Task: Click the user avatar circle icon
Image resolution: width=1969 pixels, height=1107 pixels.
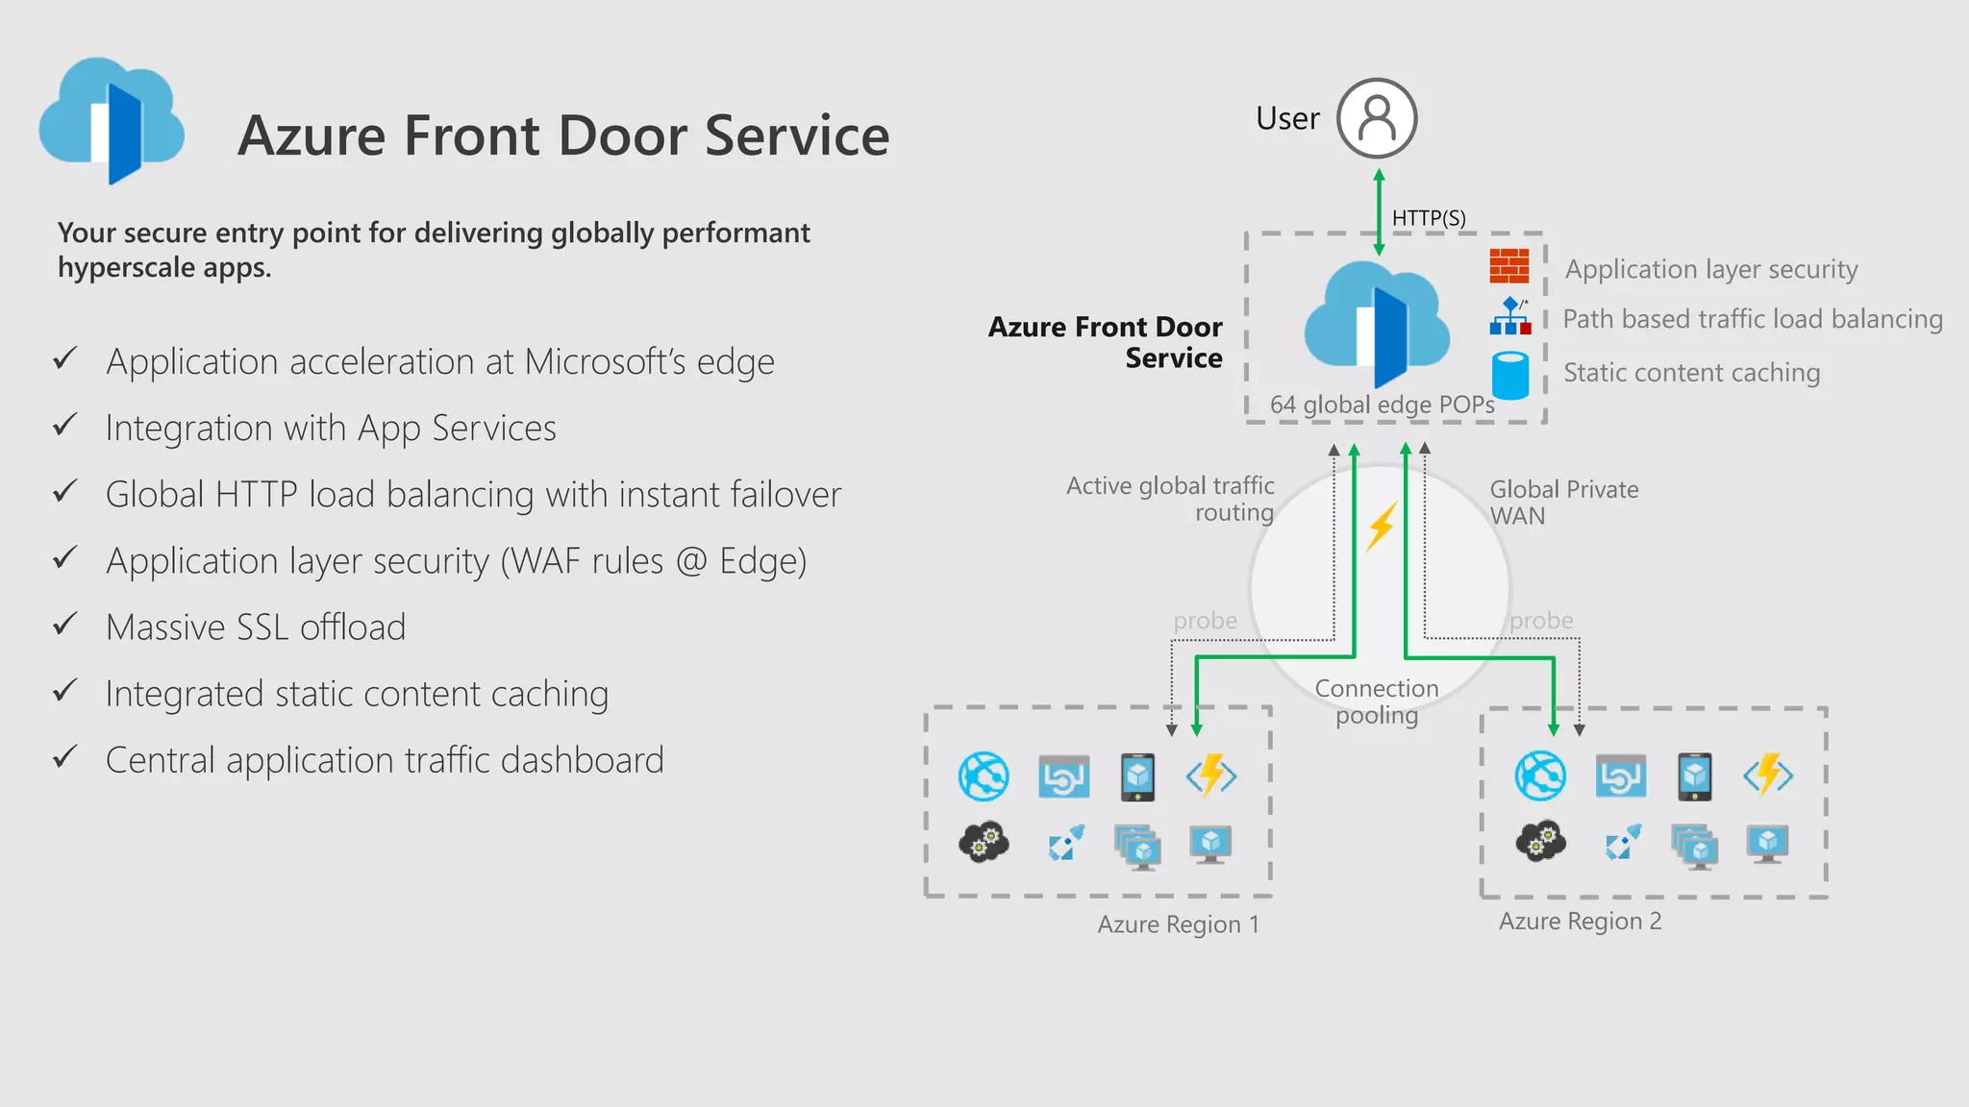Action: pyautogui.click(x=1377, y=118)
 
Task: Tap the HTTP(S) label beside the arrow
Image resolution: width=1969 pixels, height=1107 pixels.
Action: pyautogui.click(x=1429, y=218)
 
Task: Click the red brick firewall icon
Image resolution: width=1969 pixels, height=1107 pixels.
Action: pyautogui.click(x=1508, y=265)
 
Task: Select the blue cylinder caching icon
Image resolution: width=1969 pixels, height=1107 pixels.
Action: pyautogui.click(x=1509, y=375)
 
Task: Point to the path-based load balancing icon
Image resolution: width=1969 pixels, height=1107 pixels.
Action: pyautogui.click(x=1509, y=317)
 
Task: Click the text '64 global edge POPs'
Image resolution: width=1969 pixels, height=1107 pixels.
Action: pyautogui.click(x=1382, y=405)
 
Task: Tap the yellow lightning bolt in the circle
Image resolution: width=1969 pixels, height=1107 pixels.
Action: pyautogui.click(x=1382, y=526)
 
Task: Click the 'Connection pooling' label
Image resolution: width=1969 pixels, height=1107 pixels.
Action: pyautogui.click(x=1376, y=701)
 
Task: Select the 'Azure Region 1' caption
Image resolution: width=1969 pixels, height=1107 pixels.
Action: pyautogui.click(x=1178, y=924)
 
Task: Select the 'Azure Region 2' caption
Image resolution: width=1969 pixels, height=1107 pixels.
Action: pyautogui.click(x=1580, y=922)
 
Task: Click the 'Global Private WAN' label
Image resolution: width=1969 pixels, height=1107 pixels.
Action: pyautogui.click(x=1563, y=502)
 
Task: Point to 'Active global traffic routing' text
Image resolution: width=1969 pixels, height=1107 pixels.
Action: pyautogui.click(x=1171, y=499)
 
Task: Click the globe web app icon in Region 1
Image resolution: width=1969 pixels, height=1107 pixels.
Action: pyautogui.click(x=984, y=776)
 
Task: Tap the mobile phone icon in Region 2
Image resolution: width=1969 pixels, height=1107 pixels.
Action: pyautogui.click(x=1694, y=776)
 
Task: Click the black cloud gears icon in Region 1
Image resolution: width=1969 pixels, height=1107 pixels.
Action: pyautogui.click(x=984, y=843)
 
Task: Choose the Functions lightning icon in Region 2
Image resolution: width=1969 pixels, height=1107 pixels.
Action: pyautogui.click(x=1768, y=775)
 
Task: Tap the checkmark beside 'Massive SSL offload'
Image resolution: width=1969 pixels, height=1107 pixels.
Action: pyautogui.click(x=64, y=625)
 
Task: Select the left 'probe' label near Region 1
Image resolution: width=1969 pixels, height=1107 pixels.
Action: pyautogui.click(x=1205, y=621)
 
